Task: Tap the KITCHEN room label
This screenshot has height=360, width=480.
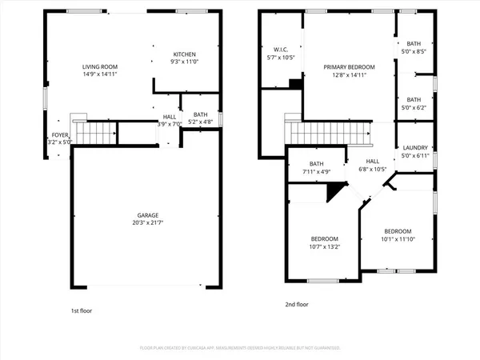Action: (x=185, y=54)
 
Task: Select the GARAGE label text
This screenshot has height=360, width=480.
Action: (x=146, y=215)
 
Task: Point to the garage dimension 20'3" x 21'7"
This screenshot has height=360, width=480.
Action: (x=146, y=223)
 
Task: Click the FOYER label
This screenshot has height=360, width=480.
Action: (x=61, y=135)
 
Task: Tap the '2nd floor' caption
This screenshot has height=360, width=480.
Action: (x=297, y=305)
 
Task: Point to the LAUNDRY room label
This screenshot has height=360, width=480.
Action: (x=415, y=147)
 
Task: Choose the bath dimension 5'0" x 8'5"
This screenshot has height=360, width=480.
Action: (x=414, y=51)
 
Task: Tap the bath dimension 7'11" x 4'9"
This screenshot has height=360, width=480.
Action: (x=316, y=171)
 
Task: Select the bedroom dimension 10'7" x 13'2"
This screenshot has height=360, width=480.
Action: (x=325, y=247)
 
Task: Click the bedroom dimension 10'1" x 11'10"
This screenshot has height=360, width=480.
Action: (x=397, y=238)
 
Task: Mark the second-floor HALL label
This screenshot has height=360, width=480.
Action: (x=372, y=161)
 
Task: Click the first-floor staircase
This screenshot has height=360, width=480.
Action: (x=94, y=132)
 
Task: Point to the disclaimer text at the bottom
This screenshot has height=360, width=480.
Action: (x=240, y=349)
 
